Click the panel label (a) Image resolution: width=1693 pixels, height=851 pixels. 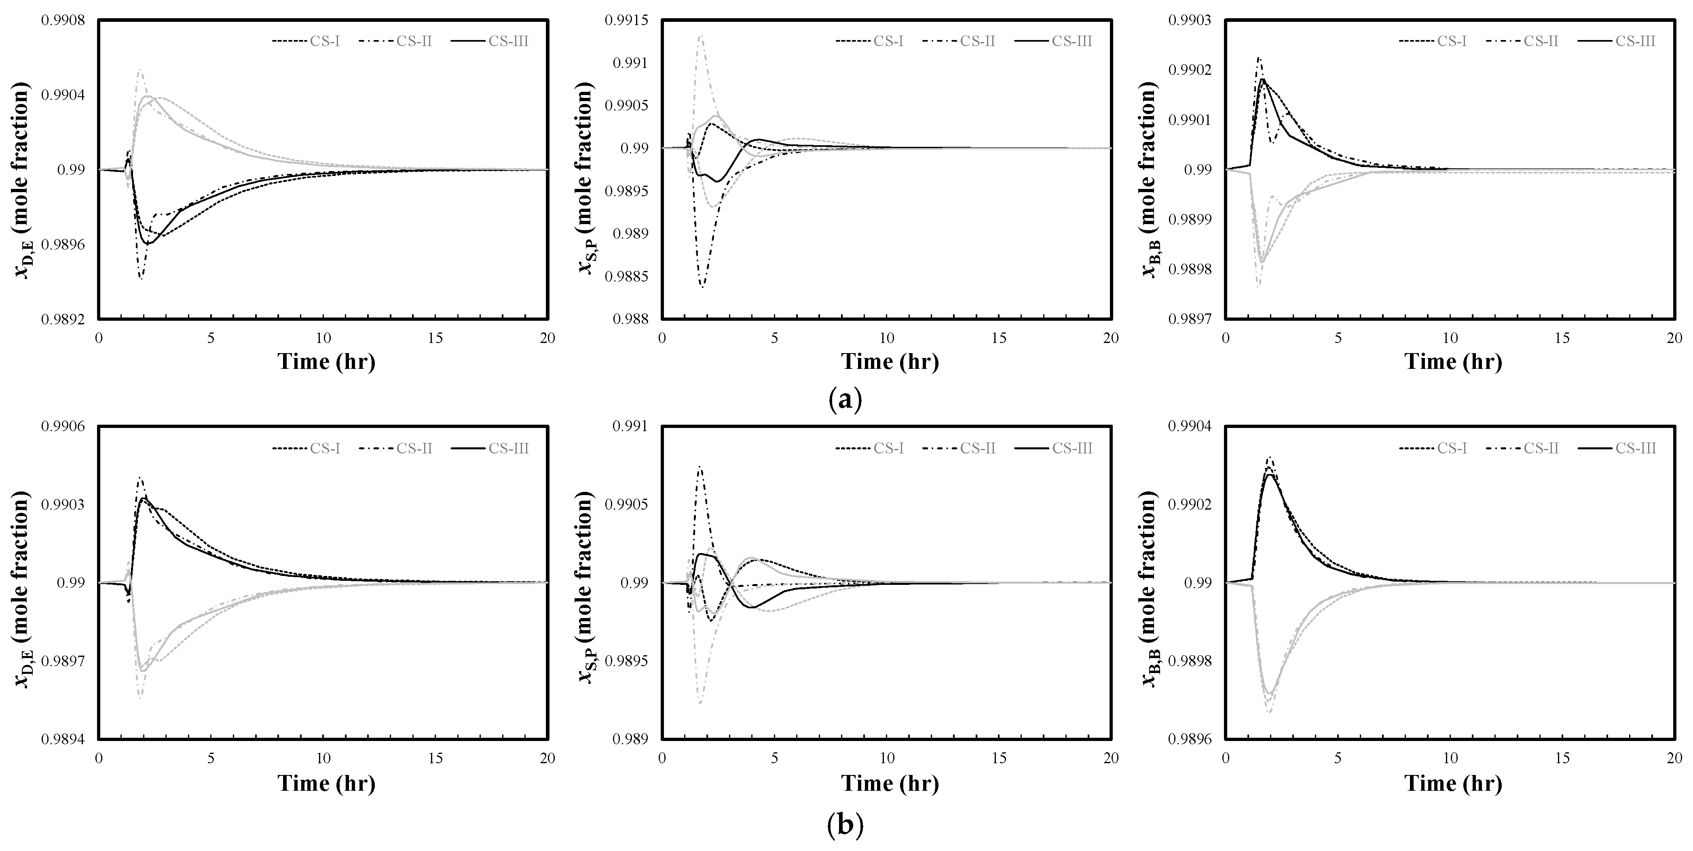[x=845, y=399]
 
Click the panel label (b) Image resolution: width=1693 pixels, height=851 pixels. [x=845, y=826]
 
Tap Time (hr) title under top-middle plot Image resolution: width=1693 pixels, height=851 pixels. [x=890, y=361]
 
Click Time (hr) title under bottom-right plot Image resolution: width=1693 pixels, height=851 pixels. [x=1453, y=783]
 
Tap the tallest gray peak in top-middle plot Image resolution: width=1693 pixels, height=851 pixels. [x=701, y=36]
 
